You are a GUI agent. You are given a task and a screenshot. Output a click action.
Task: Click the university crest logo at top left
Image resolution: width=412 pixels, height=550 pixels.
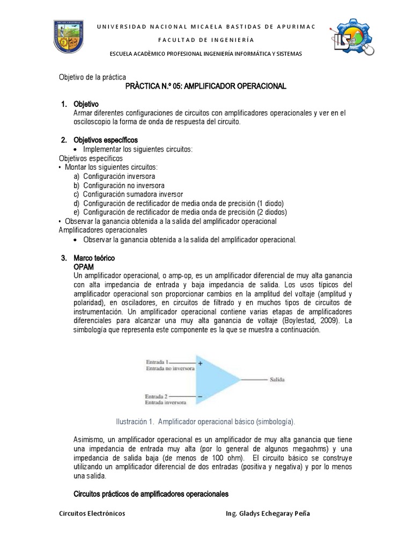coord(68,37)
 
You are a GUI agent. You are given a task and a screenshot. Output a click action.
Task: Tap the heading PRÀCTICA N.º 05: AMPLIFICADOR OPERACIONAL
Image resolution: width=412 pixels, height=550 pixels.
coord(206,86)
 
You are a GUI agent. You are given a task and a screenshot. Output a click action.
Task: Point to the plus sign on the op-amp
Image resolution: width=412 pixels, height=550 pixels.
coord(200,364)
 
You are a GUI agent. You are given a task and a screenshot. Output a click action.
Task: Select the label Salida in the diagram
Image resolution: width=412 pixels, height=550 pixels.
coord(277,380)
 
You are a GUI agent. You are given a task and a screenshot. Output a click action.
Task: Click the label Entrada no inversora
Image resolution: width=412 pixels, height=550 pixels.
coord(166,369)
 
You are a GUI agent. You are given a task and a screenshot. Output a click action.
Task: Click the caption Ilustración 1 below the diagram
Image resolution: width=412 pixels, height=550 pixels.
coord(205,421)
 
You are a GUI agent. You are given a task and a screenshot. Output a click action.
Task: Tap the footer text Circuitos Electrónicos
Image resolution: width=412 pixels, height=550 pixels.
coord(92,513)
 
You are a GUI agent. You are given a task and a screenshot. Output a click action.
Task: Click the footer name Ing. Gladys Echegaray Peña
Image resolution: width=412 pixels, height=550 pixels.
coord(268,513)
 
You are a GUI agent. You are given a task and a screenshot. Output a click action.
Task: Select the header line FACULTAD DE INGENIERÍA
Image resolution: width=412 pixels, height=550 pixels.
coord(206,40)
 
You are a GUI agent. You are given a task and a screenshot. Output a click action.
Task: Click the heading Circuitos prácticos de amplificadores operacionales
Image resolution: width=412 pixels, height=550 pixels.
coord(151,494)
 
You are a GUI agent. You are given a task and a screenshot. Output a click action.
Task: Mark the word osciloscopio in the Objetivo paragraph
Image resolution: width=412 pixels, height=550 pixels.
coord(93,122)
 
